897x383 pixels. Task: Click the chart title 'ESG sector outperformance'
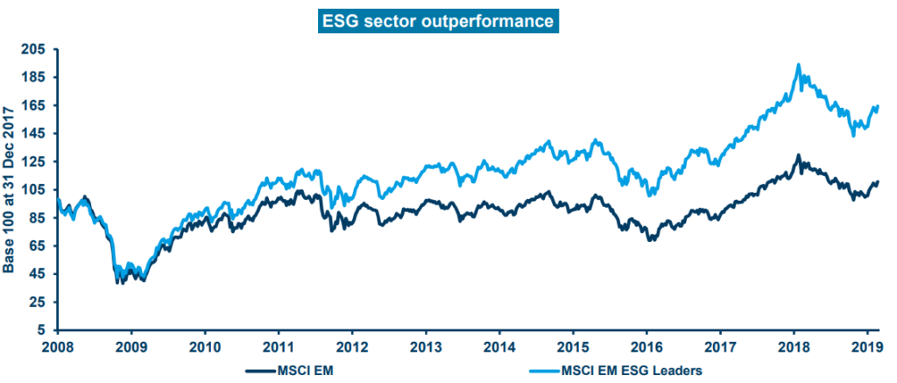pos(438,22)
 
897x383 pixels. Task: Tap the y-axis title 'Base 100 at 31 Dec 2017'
pos(9,189)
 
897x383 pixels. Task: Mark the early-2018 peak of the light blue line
pos(799,65)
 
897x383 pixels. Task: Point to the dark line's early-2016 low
pos(651,240)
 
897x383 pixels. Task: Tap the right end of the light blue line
pos(878,106)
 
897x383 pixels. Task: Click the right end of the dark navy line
pos(878,182)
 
